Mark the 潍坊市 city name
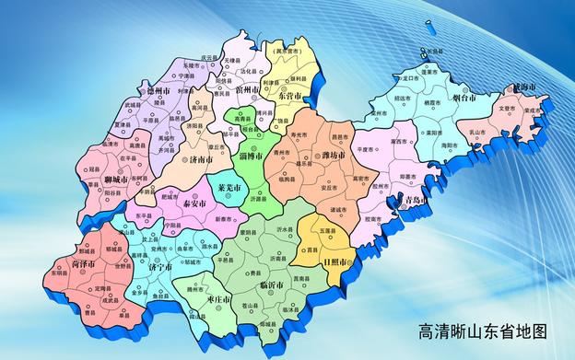coord(329,156)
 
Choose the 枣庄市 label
coord(218,300)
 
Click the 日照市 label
coord(338,263)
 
